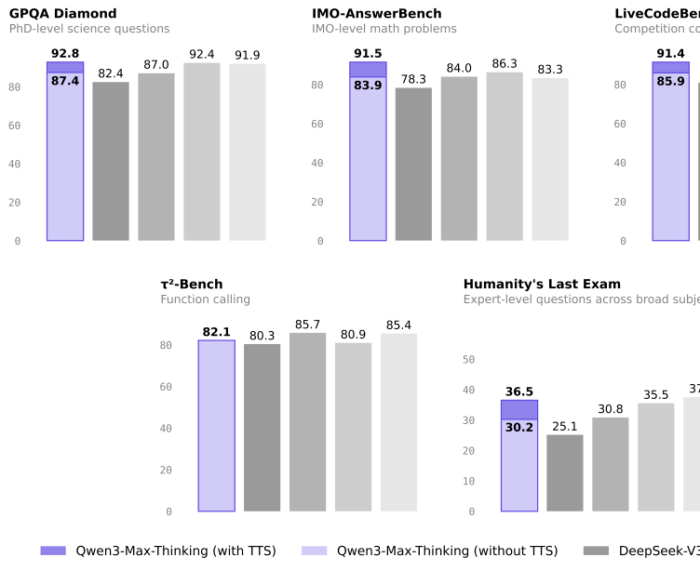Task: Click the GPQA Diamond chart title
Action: point(62,14)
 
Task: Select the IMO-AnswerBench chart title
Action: point(376,14)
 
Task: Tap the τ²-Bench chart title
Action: point(191,285)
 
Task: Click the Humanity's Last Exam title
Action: point(542,285)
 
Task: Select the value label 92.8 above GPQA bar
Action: point(65,54)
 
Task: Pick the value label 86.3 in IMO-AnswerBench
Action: point(505,64)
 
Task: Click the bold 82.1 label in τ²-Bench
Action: point(216,332)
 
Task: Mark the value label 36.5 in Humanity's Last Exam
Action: point(519,392)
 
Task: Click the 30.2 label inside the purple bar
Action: point(519,428)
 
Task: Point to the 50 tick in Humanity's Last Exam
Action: point(468,360)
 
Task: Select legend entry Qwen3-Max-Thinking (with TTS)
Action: point(158,551)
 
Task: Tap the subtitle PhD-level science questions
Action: point(89,30)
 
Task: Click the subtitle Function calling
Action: point(205,299)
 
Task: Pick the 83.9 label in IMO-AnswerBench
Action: point(368,86)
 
